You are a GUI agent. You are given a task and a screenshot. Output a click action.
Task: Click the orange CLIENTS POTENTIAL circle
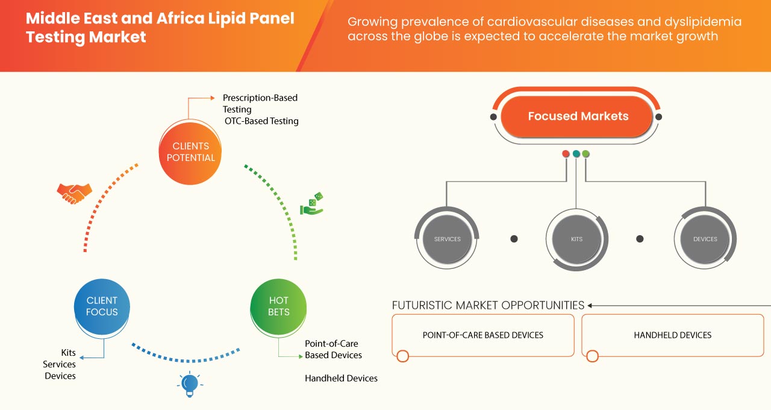pos(190,152)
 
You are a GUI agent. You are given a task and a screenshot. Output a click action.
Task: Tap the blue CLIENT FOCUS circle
pos(102,306)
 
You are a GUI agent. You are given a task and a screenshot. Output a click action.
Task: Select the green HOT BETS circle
pos(278,306)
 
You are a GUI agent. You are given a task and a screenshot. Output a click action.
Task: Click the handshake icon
pos(74,193)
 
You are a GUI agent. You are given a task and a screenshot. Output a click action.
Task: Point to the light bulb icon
pos(190,384)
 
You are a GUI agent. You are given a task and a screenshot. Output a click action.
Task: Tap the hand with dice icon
pos(312,204)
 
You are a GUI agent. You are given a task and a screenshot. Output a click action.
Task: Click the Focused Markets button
pos(578,116)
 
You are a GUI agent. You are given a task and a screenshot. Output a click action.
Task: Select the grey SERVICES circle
pos(447,239)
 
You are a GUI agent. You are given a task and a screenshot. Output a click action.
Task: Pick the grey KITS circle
pos(576,239)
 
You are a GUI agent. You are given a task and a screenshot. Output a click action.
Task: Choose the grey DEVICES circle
pos(705,239)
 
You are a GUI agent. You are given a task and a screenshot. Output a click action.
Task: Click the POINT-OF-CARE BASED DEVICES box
pos(482,335)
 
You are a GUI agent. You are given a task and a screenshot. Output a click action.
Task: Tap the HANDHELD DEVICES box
pos(672,335)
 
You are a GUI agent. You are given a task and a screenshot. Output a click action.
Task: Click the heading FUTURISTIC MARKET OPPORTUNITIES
pos(488,305)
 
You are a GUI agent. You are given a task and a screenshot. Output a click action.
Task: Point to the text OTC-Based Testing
pos(261,121)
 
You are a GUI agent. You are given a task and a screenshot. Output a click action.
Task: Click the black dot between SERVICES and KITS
pos(514,239)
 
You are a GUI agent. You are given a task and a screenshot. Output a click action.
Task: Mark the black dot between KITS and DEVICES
pos(641,239)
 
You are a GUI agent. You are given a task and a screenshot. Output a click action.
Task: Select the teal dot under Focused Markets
pos(576,154)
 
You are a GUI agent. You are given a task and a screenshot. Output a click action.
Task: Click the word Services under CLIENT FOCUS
pos(59,364)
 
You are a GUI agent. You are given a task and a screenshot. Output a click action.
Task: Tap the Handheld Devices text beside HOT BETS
pos(341,378)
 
